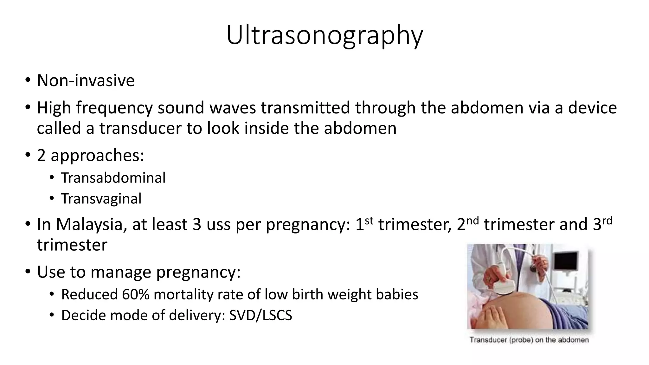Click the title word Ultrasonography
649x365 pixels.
(324, 35)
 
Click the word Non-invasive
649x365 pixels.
(86, 80)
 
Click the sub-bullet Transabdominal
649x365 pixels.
(113, 178)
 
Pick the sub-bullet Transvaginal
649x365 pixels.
(101, 199)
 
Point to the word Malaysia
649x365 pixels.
(89, 224)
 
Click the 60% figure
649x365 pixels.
(136, 294)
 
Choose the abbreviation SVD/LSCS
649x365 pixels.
(260, 315)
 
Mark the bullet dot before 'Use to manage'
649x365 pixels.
(28, 272)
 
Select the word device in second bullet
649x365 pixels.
(592, 108)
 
